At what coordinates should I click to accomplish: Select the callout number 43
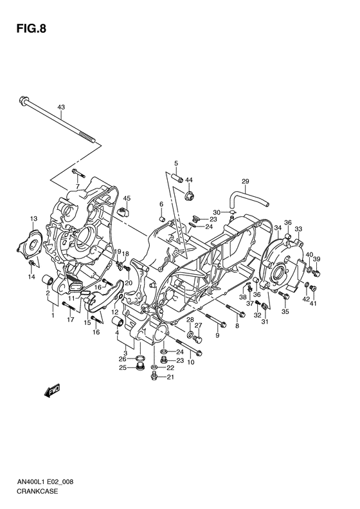(x=61, y=107)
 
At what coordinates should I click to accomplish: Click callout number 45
(x=127, y=198)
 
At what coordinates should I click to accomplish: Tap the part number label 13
(x=34, y=219)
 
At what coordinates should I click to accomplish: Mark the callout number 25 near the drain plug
(x=122, y=367)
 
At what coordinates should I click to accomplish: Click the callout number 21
(x=170, y=378)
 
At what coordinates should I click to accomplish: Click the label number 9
(x=217, y=335)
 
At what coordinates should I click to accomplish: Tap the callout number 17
(x=71, y=319)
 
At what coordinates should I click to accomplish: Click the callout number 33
(x=298, y=228)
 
